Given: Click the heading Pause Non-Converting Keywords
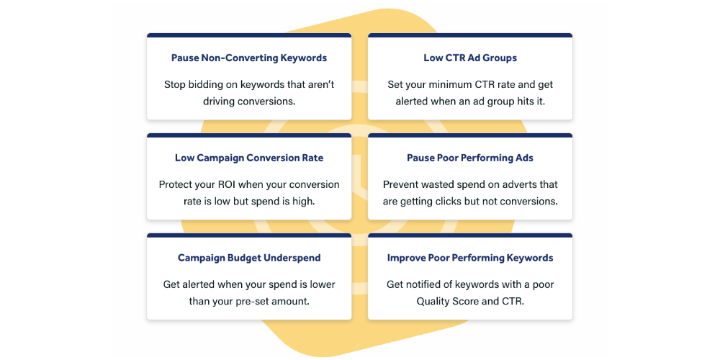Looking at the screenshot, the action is click(249, 58).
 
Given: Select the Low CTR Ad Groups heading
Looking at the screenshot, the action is click(470, 58).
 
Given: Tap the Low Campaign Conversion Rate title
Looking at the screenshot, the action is click(249, 158).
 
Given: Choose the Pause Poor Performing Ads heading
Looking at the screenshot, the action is click(470, 158).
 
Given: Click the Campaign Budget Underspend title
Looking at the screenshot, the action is click(249, 258).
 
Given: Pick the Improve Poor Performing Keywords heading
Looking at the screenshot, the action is click(470, 258).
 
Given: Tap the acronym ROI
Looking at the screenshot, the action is click(216, 184).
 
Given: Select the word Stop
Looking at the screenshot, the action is click(173, 85).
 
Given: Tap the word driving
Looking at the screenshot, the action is click(219, 102).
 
